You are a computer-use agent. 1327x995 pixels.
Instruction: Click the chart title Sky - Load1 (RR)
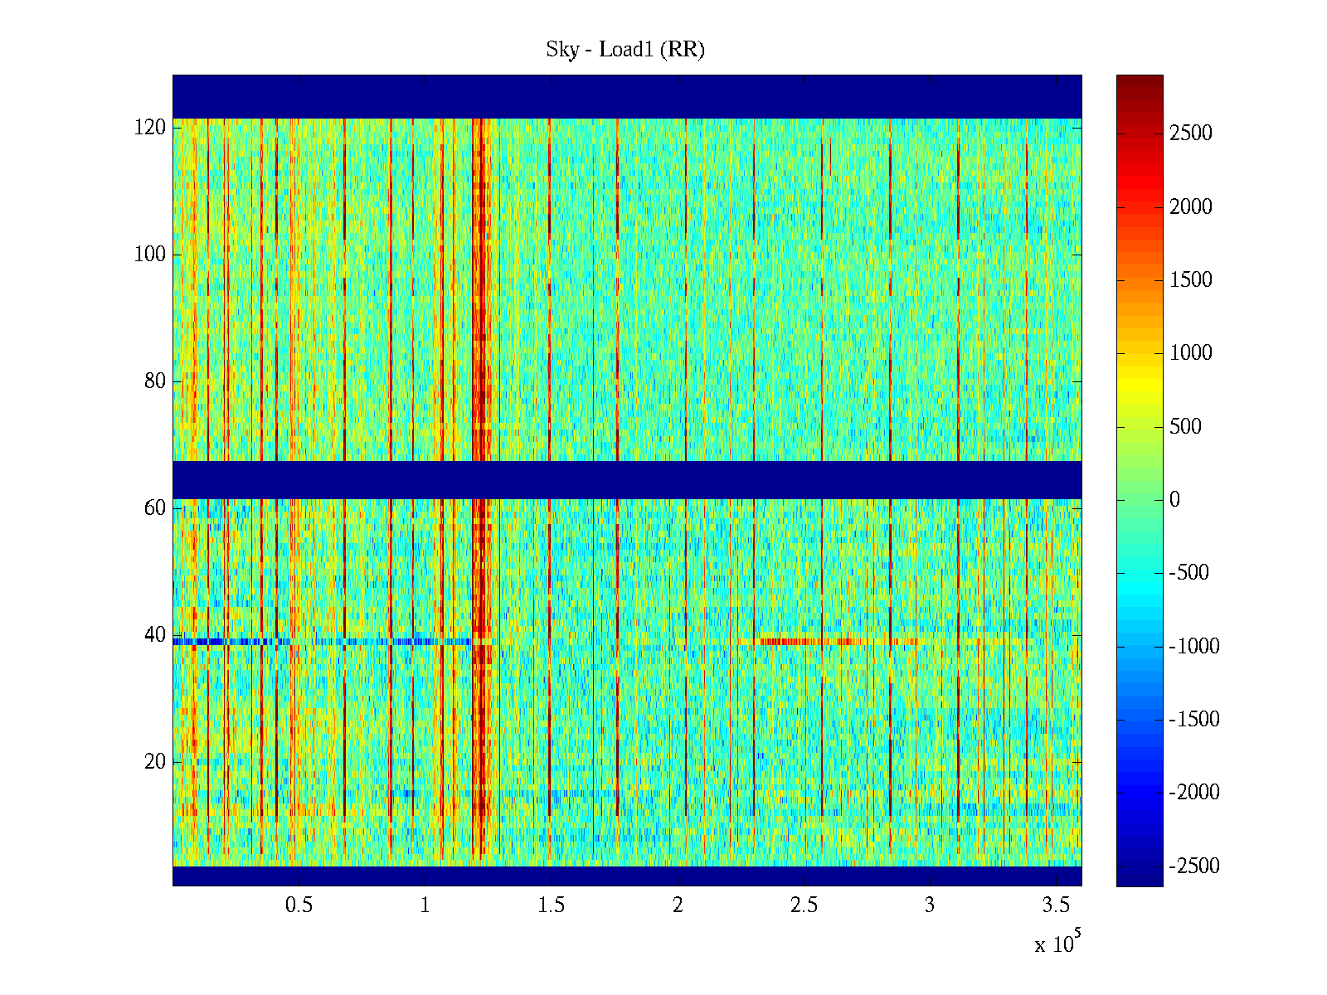coord(625,50)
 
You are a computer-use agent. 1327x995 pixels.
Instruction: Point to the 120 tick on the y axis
coord(150,128)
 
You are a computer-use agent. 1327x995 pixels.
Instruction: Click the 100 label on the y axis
coord(150,255)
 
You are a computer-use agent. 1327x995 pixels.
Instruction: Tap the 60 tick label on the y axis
coord(155,508)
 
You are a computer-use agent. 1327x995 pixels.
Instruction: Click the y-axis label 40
coord(155,635)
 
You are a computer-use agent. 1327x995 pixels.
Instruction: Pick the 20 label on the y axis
coord(155,762)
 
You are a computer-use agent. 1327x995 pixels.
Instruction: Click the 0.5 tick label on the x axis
coord(299,905)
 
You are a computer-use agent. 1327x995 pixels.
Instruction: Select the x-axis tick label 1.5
coord(552,905)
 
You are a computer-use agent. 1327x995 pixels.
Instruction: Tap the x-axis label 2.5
coord(804,905)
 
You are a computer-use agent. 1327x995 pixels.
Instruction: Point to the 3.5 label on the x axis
coord(1056,905)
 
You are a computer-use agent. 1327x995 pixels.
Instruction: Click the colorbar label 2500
coord(1191,133)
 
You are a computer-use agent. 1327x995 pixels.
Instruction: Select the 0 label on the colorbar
coord(1174,499)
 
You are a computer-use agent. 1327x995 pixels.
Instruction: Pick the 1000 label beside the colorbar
coord(1191,353)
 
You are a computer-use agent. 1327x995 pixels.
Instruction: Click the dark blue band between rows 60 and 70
coord(627,479)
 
